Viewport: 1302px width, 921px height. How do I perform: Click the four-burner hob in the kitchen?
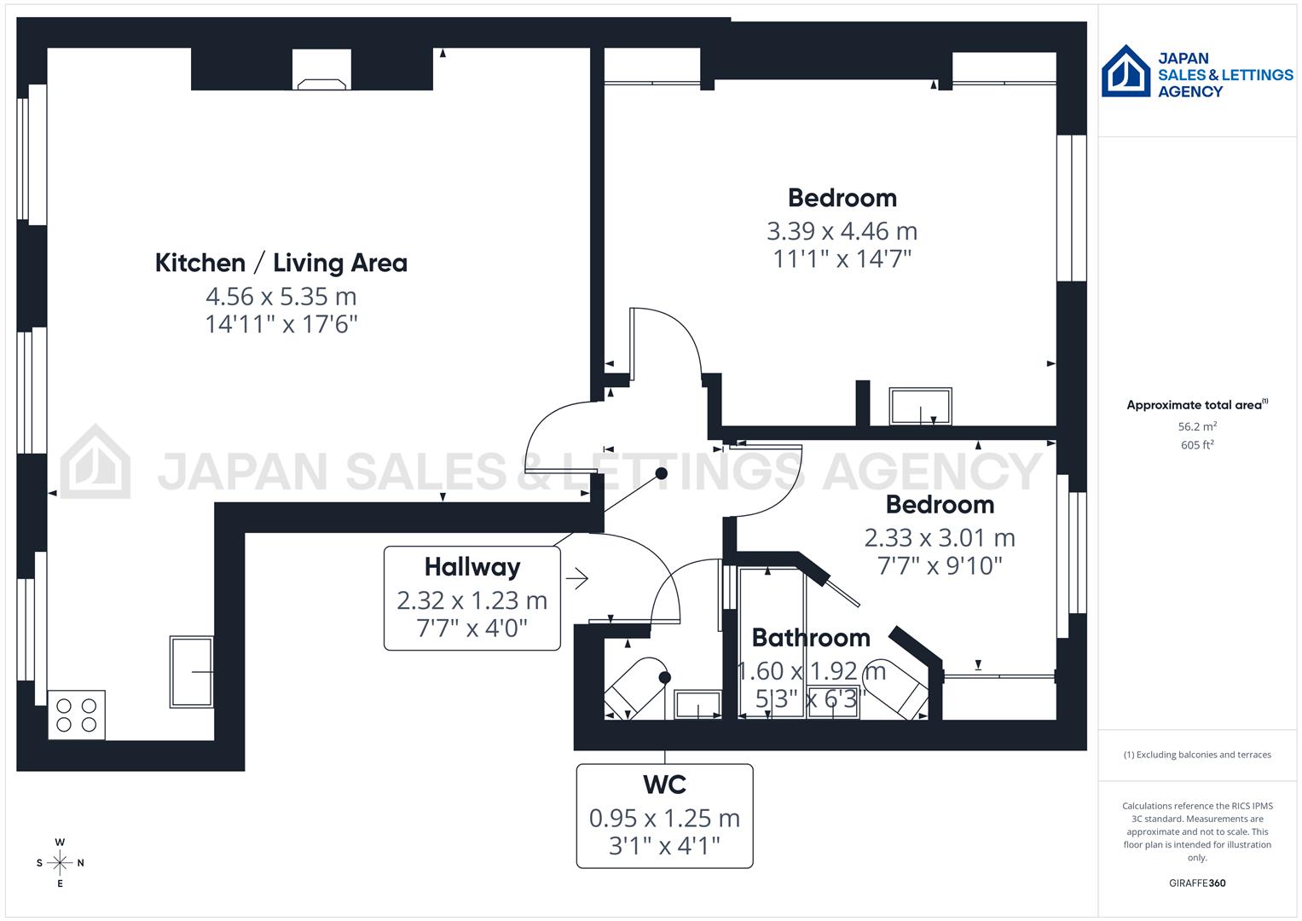[x=77, y=715]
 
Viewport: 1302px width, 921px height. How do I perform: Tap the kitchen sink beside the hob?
[x=191, y=672]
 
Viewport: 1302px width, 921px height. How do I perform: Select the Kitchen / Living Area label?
[x=281, y=263]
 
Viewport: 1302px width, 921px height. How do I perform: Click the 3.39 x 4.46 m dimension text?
[x=842, y=231]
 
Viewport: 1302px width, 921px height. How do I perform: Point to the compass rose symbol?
[x=60, y=862]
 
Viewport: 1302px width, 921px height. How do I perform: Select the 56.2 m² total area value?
[x=1197, y=426]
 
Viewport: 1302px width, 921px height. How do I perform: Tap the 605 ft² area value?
[x=1197, y=445]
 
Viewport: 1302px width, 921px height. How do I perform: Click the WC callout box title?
[x=664, y=785]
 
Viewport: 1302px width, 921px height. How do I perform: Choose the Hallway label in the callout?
[x=472, y=567]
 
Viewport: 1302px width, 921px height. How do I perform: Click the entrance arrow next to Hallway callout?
[x=577, y=578]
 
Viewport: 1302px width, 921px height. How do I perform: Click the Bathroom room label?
[x=810, y=638]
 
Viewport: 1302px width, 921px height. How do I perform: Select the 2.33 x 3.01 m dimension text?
[x=939, y=538]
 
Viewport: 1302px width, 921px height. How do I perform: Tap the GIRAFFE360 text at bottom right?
[x=1197, y=883]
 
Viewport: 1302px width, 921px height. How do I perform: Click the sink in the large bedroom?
[x=920, y=407]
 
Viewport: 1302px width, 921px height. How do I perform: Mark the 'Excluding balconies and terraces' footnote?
[x=1197, y=755]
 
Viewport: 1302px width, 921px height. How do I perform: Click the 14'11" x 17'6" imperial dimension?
[x=281, y=324]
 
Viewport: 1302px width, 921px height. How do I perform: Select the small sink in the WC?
[x=697, y=705]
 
